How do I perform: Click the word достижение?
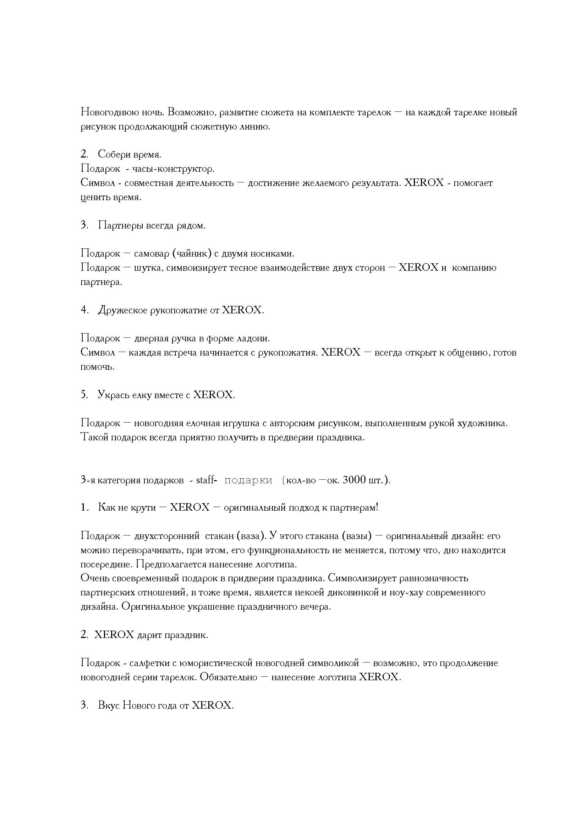coord(274,183)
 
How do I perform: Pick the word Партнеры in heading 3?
coord(120,226)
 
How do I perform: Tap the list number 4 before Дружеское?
coord(84,310)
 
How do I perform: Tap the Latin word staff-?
coord(207,480)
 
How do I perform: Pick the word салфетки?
coord(147,663)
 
